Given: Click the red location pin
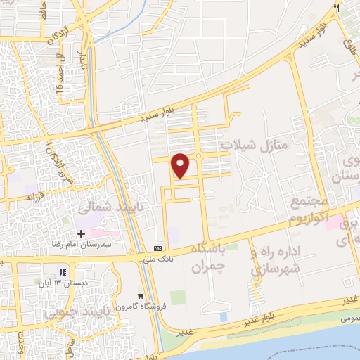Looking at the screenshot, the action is coord(181,165).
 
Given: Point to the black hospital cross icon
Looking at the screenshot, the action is coord(82,233).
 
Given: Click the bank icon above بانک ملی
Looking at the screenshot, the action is coord(158,248).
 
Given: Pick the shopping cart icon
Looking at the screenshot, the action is coord(141,296).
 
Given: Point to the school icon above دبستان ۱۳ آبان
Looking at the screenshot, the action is coord(63,271).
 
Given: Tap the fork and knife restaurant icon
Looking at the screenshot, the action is coord(336,8).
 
